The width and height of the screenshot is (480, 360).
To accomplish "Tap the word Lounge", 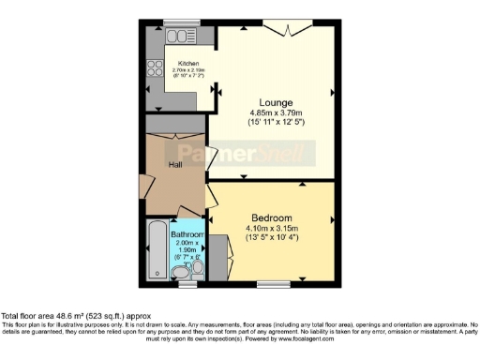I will click(277, 102).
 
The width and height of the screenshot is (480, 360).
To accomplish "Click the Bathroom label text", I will click(187, 233).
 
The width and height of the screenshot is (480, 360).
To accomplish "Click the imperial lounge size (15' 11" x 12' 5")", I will click(277, 123).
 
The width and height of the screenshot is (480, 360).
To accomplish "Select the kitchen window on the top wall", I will click(175, 22).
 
